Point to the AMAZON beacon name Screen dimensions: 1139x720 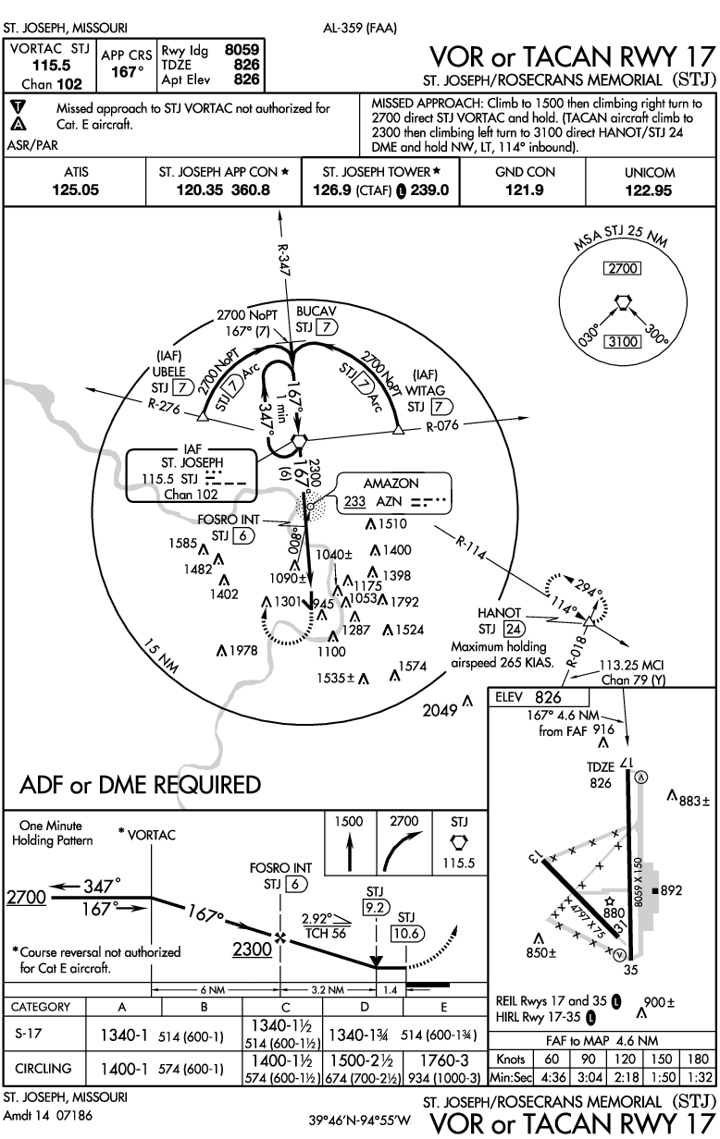[393, 484]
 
